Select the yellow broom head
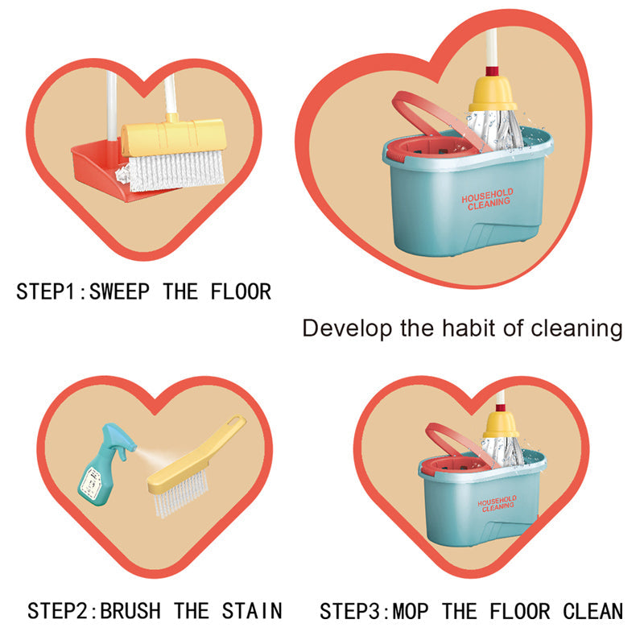coord(174,136)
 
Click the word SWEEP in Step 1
coord(119,292)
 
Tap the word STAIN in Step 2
coord(252,611)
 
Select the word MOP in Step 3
coord(411,611)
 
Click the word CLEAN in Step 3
coord(593,611)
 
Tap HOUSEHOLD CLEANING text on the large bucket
coord(488,199)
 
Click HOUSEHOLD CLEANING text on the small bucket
coord(497,504)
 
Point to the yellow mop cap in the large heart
coord(493,93)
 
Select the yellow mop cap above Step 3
coord(501,424)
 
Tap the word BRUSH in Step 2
coord(130,611)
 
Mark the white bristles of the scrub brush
coord(180,493)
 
